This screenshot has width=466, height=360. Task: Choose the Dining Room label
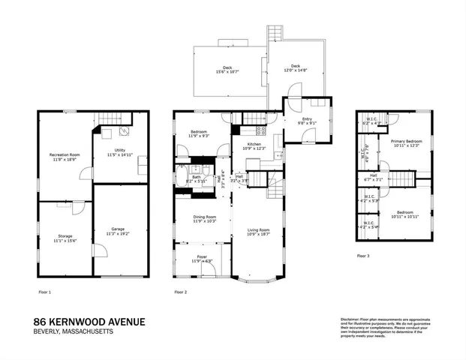tap(194, 217)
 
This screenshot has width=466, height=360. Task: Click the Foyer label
tap(195, 256)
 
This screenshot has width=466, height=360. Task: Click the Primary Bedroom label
tap(404, 141)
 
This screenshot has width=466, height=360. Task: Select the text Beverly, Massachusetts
tap(74, 333)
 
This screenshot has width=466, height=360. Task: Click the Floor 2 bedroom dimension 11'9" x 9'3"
tap(199, 136)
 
